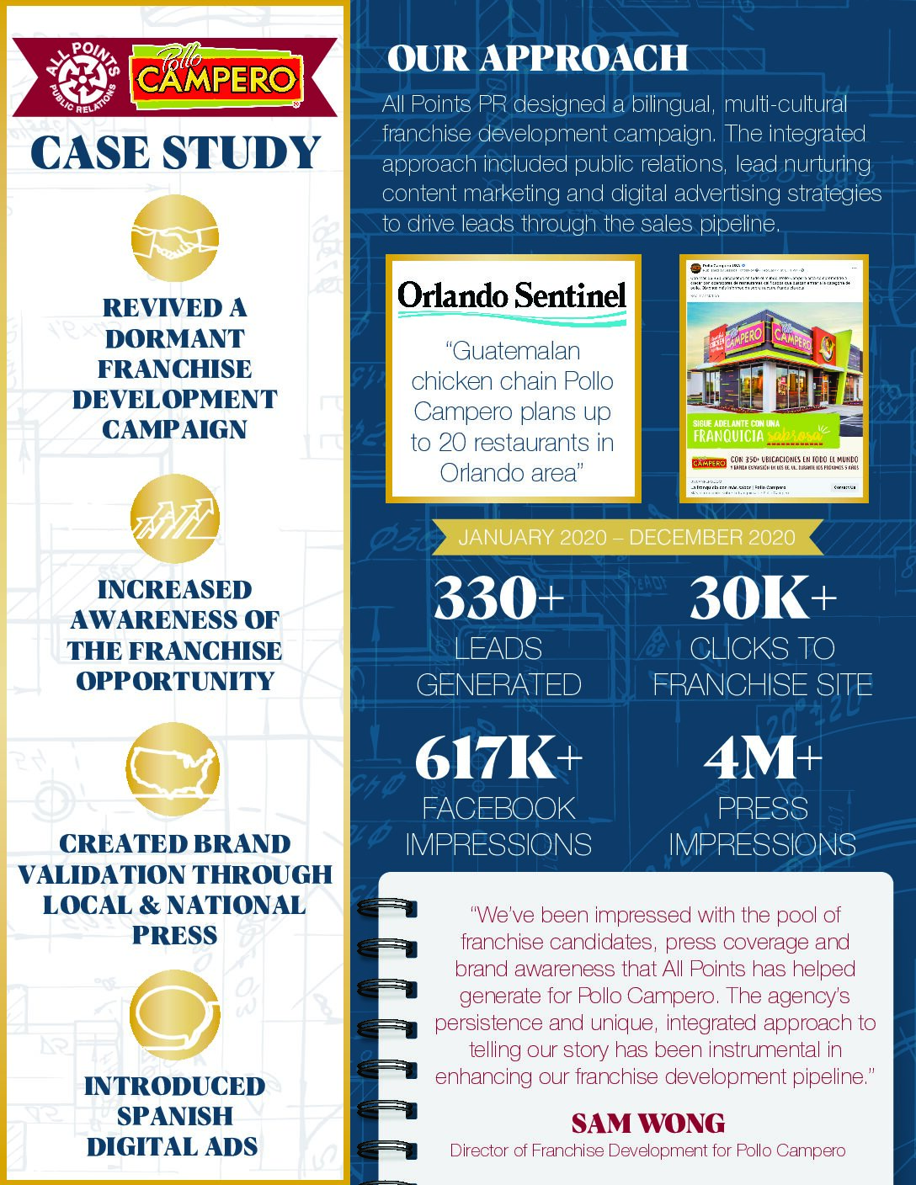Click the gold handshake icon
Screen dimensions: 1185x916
click(x=175, y=239)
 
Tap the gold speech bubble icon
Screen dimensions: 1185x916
click(x=175, y=1013)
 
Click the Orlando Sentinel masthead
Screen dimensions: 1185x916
click(x=512, y=296)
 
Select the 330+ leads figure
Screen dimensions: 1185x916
click(x=498, y=598)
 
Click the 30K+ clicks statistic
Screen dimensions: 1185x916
click(x=763, y=598)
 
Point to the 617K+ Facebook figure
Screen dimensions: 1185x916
click(x=498, y=758)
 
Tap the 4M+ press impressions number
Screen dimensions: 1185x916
click(x=763, y=758)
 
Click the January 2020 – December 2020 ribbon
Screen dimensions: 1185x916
click(x=626, y=538)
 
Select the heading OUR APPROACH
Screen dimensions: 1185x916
click(x=537, y=59)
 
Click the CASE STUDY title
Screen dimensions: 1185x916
click(x=175, y=154)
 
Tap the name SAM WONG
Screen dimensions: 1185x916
click(x=647, y=1124)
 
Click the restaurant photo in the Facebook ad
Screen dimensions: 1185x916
click(x=774, y=362)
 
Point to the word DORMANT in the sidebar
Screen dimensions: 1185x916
click(x=175, y=339)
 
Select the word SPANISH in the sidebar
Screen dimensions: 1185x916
click(x=175, y=1116)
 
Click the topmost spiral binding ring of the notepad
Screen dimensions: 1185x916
click(x=387, y=908)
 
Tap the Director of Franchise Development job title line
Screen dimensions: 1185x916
click(x=647, y=1150)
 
